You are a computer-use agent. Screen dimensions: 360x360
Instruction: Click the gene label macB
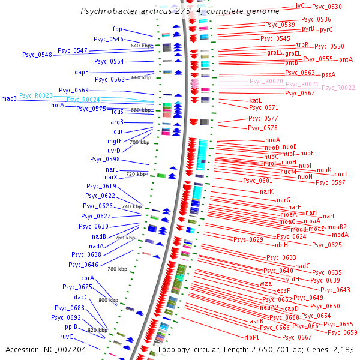coord(9,98)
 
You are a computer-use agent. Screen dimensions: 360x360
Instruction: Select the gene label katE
coord(255,100)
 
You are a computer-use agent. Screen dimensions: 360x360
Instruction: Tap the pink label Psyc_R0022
coord(338,88)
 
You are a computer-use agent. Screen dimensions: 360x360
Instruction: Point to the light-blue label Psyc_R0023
coord(36,95)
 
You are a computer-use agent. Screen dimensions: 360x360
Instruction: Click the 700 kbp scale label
coord(139,142)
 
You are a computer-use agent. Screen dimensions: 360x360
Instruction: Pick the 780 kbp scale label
coord(117,269)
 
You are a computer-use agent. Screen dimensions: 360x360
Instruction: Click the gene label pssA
coord(328,74)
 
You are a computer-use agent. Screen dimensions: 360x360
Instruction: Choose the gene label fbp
coord(117,29)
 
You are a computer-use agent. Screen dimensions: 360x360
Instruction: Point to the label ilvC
coord(299,5)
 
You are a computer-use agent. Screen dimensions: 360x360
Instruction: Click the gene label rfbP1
coord(251,338)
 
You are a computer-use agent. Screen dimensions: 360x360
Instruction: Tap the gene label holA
coord(58,104)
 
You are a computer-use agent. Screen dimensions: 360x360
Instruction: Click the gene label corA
coord(87,278)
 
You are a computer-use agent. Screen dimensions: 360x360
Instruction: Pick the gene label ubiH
coord(281,245)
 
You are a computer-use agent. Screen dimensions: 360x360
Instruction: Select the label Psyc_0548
coord(37,55)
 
